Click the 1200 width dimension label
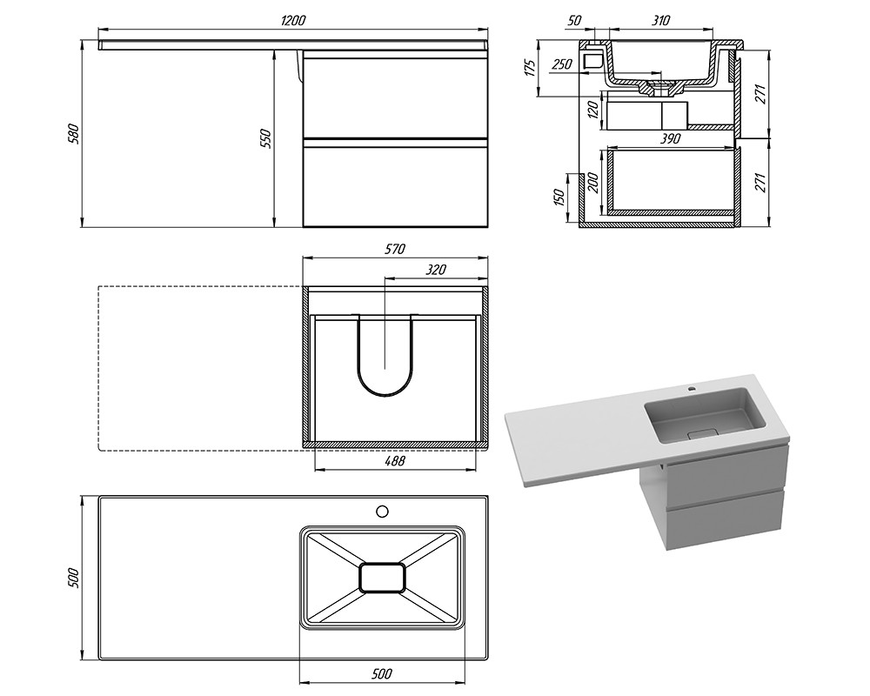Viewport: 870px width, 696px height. point(293,21)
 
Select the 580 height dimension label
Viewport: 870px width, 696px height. point(74,134)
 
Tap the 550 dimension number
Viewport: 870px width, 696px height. point(265,138)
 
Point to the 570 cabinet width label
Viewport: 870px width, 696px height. point(394,249)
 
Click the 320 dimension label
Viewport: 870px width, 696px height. point(436,270)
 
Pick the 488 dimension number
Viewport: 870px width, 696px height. point(394,461)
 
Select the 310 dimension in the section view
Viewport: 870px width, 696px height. point(659,21)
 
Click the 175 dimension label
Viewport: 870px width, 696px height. point(530,67)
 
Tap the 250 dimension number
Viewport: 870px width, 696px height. point(561,64)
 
